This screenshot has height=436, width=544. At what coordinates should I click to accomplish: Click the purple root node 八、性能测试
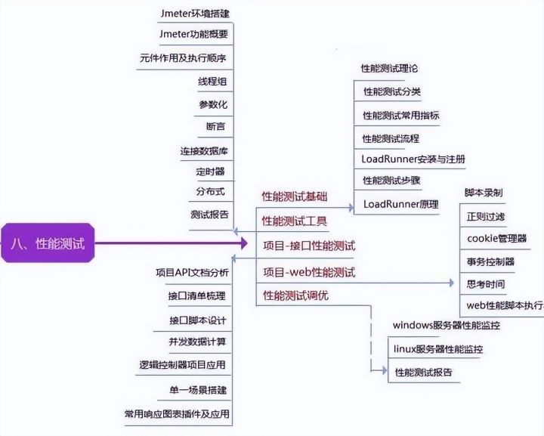[x=48, y=243]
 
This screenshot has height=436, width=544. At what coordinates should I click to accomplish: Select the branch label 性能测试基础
[x=295, y=196]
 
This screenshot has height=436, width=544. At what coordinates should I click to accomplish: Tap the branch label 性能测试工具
[x=295, y=221]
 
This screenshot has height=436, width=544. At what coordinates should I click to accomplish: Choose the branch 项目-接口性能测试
[x=308, y=246]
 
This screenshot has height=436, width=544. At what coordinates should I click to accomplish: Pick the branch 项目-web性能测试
[x=308, y=272]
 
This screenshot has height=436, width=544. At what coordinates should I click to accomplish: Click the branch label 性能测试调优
[x=295, y=295]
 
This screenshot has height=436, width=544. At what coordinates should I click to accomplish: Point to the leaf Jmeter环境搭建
[x=194, y=14]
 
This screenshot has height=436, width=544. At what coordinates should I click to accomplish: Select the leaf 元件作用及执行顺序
[x=184, y=58]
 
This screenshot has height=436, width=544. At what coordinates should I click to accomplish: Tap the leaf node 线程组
[x=212, y=82]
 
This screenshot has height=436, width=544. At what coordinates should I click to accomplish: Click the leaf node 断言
[x=215, y=127]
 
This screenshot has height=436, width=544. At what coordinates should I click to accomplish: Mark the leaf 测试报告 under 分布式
[x=209, y=215]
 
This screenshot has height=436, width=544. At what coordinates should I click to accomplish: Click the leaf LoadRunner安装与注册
[x=413, y=159]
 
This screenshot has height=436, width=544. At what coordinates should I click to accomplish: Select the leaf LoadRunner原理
[x=400, y=204]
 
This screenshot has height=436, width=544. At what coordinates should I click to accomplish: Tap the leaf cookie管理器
[x=496, y=239]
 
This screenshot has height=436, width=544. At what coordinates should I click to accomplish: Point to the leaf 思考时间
[x=486, y=284]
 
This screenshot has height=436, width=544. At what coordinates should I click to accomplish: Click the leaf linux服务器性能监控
[x=438, y=349]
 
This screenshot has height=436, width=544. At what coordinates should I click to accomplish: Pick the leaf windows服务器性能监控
[x=446, y=325]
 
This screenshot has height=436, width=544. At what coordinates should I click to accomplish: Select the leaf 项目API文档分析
[x=192, y=272]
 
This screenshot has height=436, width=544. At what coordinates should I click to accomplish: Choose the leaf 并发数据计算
[x=197, y=342]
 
